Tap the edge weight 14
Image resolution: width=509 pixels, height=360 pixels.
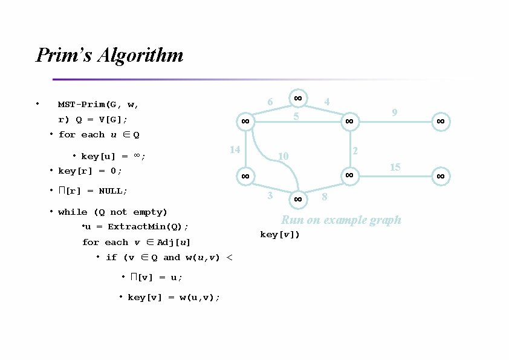point(235,150)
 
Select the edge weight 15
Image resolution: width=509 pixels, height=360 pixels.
point(395,167)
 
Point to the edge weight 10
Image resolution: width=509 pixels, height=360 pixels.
point(283,157)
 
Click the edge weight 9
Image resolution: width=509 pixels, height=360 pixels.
point(394,113)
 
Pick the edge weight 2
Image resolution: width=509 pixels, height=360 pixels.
point(355,150)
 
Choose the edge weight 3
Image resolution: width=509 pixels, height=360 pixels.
point(270,195)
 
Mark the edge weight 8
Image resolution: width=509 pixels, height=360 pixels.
point(325,197)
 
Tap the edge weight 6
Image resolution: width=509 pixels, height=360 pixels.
point(270,102)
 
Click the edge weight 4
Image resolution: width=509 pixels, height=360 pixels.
point(326,102)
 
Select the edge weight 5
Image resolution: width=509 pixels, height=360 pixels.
point(296,116)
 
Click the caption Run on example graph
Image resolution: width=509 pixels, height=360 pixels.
point(341,220)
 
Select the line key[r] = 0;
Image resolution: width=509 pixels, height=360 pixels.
point(90,171)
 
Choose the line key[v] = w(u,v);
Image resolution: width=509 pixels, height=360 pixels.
point(173,297)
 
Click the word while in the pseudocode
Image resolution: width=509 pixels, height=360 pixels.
point(73,212)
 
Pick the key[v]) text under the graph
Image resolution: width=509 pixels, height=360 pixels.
point(279,234)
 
